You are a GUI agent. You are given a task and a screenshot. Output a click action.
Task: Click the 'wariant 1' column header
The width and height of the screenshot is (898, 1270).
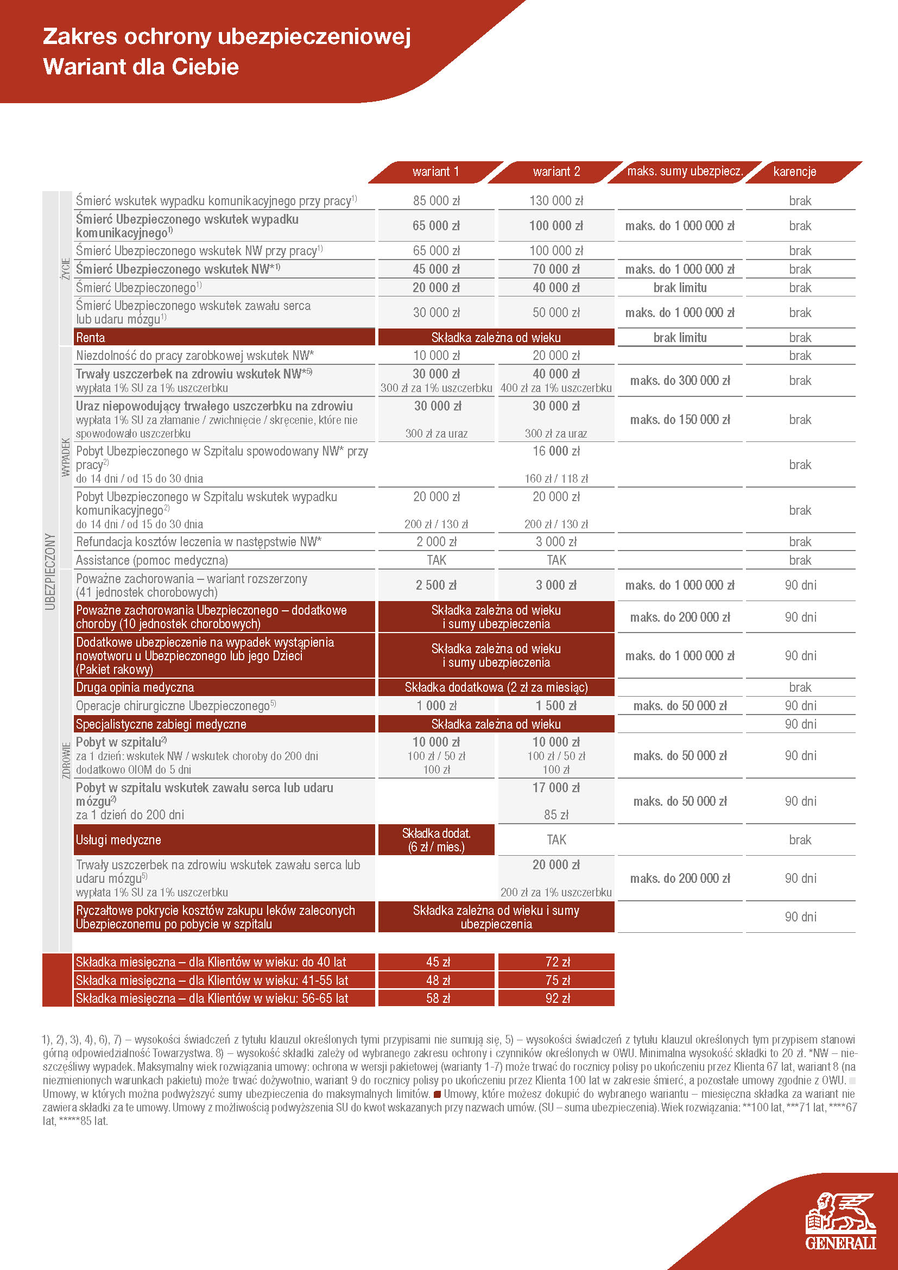(x=436, y=172)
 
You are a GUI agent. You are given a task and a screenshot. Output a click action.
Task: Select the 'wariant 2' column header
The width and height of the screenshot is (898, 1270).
(x=556, y=172)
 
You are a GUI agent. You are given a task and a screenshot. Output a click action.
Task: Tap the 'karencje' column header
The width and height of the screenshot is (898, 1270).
(x=795, y=172)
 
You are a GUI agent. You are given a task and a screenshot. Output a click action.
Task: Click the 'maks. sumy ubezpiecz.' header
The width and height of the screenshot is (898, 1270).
(x=685, y=172)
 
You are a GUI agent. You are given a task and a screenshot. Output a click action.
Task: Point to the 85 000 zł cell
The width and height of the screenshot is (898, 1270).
(x=437, y=201)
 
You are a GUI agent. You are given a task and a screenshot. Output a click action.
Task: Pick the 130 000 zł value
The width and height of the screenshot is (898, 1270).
(x=556, y=201)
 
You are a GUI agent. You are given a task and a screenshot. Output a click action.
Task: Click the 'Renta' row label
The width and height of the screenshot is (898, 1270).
(x=91, y=337)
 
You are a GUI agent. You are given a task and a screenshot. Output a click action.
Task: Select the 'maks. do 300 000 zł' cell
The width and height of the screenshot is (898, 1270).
(x=680, y=381)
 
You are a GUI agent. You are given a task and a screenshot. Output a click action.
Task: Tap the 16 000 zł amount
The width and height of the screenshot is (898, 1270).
(x=556, y=451)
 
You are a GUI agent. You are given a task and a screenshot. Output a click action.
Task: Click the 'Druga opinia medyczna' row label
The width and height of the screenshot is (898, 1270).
(x=135, y=687)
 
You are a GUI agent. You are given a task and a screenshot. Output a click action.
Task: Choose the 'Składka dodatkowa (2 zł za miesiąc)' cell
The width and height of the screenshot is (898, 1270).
(x=496, y=687)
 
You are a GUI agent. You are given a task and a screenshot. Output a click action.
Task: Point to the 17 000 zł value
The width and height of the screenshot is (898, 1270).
(x=556, y=788)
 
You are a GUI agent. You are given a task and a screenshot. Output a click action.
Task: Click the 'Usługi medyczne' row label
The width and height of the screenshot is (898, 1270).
(x=118, y=839)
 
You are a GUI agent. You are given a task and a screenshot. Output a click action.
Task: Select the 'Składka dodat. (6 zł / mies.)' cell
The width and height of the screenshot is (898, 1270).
(x=437, y=839)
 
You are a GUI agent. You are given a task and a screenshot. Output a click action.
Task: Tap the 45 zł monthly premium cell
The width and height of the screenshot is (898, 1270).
(x=438, y=962)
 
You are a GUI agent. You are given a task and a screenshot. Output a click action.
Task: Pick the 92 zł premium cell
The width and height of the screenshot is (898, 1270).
(x=558, y=999)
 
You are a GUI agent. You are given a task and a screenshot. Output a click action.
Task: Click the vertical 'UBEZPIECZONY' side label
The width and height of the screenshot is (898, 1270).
(x=50, y=571)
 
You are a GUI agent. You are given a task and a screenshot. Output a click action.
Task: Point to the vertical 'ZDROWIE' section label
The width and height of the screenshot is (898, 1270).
(x=66, y=760)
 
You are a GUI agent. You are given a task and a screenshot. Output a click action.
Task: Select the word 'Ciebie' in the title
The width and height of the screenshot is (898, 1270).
(x=205, y=67)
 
